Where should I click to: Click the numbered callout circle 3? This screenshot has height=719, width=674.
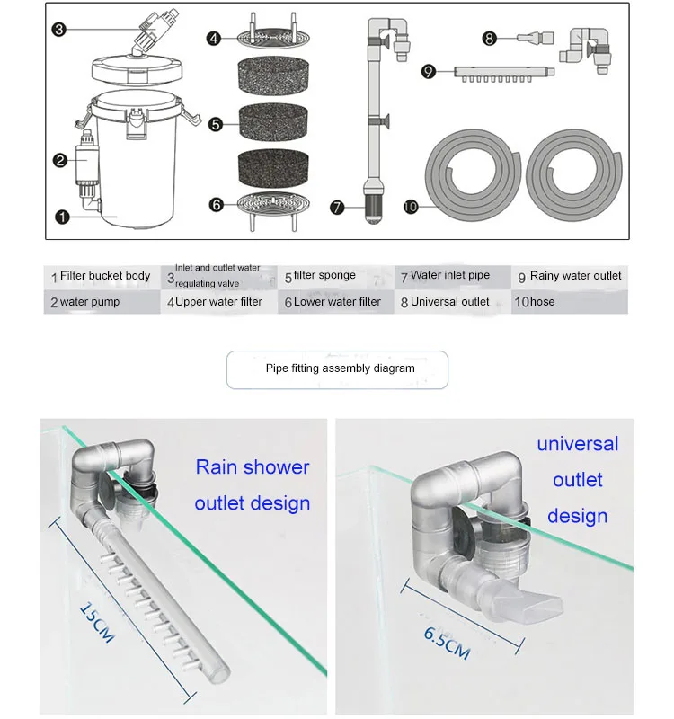click(58, 30)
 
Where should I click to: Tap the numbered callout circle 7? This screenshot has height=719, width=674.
click(337, 208)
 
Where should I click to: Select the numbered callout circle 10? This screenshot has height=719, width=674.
click(411, 207)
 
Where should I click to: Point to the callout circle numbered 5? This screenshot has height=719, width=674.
click(215, 124)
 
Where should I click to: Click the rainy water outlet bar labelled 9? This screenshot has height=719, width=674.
click(504, 74)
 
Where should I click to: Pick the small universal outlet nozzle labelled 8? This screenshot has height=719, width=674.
click(536, 37)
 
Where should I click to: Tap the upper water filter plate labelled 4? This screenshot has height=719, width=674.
click(273, 33)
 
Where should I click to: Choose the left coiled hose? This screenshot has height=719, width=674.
click(473, 174)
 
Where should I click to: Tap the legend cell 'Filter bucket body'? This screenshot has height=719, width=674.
click(102, 277)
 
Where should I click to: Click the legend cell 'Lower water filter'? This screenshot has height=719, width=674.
click(335, 302)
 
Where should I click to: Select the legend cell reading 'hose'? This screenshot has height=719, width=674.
click(570, 302)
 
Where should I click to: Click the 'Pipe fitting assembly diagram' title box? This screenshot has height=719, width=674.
click(337, 369)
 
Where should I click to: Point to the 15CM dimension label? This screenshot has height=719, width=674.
click(97, 622)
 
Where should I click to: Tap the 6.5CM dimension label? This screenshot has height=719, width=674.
click(447, 644)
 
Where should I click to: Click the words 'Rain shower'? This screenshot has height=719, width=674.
click(253, 467)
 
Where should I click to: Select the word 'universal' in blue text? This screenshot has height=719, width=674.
click(578, 444)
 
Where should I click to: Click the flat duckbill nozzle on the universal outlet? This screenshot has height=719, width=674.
click(536, 601)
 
